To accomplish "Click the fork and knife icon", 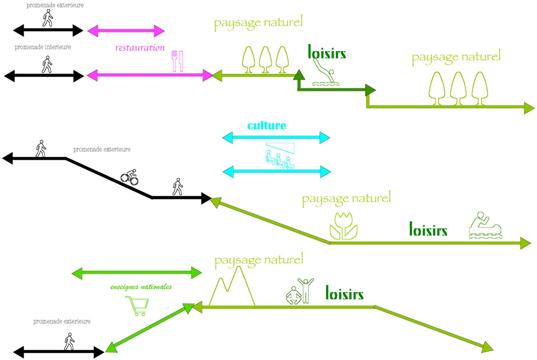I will point(177,61).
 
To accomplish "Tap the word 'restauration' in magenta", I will point(140,48).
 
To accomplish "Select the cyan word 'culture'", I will point(267,126).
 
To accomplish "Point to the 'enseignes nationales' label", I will point(141,287).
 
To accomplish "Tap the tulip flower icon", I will point(343,226).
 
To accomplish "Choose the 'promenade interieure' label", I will point(43,47).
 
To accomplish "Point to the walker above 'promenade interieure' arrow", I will point(47,64).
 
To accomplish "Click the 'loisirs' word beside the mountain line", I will point(344,293).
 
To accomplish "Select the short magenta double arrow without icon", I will point(126,31).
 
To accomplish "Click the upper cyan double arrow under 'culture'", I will point(276,137).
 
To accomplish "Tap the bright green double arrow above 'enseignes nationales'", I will point(137,273).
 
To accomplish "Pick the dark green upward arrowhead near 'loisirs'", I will point(299,75).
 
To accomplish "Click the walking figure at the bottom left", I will point(69,342).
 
